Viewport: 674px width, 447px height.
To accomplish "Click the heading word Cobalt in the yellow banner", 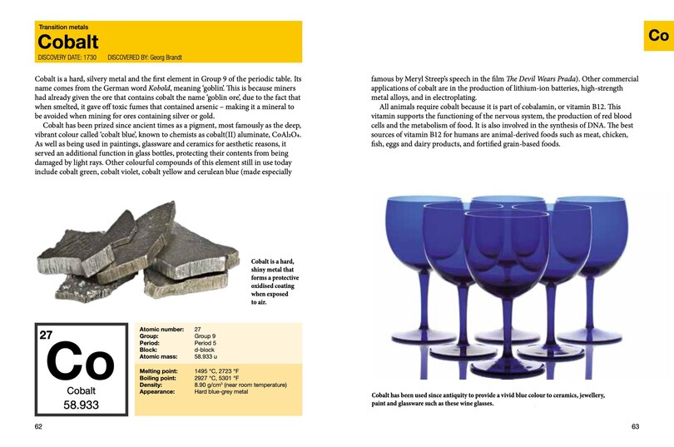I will coord(68,42).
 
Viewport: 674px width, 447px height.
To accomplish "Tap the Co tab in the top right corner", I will coord(658,36).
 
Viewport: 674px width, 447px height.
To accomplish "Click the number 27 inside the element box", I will coord(47,335).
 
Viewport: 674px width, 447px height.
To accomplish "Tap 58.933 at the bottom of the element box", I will coord(81,405).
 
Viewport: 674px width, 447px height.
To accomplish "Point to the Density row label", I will coord(151,385).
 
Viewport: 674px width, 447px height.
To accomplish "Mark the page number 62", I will coord(39,426).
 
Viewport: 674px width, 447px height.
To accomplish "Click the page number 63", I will coord(635,426).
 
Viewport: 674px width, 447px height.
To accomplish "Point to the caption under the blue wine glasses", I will coord(488,400).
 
